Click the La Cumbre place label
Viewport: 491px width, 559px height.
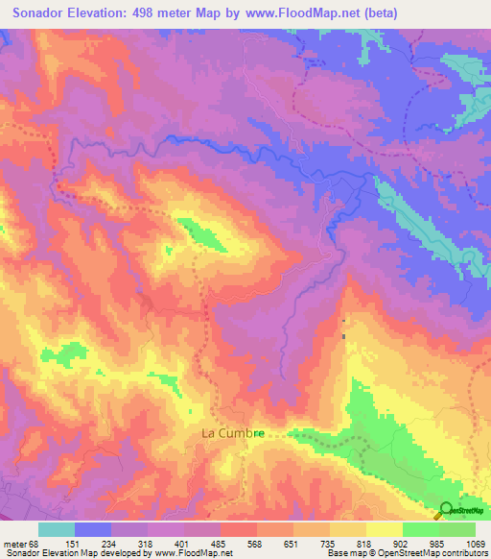click(x=232, y=433)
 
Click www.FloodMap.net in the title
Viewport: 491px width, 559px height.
click(x=295, y=13)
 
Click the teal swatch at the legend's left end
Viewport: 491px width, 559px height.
click(x=56, y=529)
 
